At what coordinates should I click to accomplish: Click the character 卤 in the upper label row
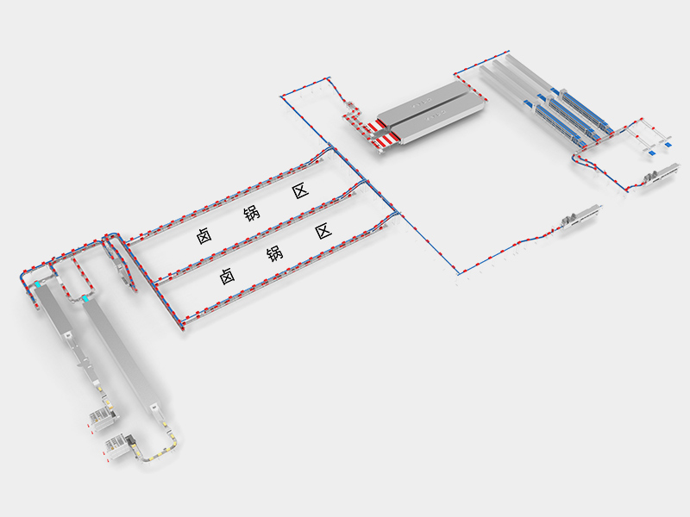pos(204,235)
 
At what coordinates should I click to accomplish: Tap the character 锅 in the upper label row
pos(252,213)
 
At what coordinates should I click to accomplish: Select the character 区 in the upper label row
pos(300,191)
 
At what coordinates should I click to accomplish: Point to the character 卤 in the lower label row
pos(227,276)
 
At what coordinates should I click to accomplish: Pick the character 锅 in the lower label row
pos(275,253)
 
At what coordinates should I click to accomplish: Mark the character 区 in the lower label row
pos(323,231)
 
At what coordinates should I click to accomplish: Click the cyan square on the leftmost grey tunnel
pos(39,286)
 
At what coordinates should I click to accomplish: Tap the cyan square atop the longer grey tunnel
pos(85,299)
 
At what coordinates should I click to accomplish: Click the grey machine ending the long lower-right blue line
pos(580,217)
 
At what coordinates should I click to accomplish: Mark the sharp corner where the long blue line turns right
pos(459,274)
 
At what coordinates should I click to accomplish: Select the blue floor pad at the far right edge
pos(668,144)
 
